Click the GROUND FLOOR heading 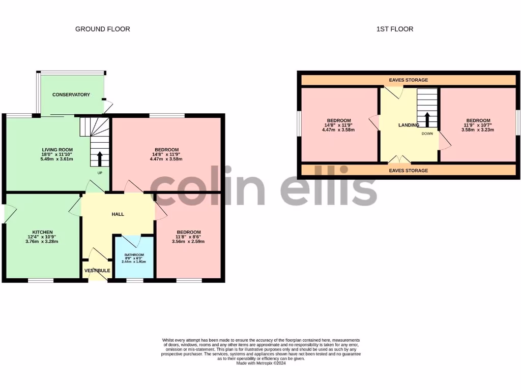point(102,29)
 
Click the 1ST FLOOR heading point(394,29)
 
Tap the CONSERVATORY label point(71,94)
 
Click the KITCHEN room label point(43,232)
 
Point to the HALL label point(118,214)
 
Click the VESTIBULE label point(97,271)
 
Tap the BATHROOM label point(134,255)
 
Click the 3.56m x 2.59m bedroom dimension point(188,241)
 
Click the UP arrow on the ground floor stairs point(99,158)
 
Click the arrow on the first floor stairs point(427,120)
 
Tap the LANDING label point(409,125)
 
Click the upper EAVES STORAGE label point(408,80)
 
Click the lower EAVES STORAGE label point(408,171)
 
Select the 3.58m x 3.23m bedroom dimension point(478,129)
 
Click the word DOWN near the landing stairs point(427,134)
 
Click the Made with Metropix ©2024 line point(260,363)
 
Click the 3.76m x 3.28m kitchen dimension point(43,241)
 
